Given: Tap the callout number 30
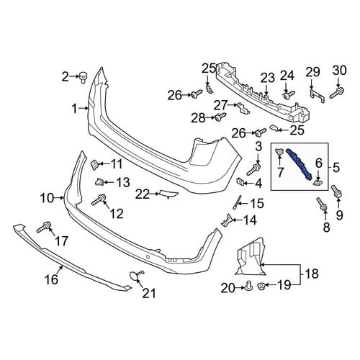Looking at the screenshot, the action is coord(340,71).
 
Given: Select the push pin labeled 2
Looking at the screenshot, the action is coord(83,77).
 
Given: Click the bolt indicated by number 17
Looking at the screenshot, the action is coord(44,227).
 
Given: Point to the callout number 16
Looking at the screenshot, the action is coord(52,279).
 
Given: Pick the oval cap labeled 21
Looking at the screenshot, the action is coord(135,275).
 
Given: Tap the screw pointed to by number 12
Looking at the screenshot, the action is coord(99,200).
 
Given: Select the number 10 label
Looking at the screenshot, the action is coord(47,199).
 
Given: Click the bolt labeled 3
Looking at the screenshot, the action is coord(254,169).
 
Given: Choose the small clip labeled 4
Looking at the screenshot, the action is coord(240,182).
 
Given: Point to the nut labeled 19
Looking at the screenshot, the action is coord(261,287).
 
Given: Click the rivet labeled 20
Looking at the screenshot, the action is coord(248,287).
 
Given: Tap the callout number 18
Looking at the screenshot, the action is coord(312,274).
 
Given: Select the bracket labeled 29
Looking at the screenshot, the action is coord(317,96).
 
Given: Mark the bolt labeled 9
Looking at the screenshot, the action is coord(336,192).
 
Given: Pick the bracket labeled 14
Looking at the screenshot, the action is coord(227,220).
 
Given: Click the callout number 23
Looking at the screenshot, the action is coord(268,78).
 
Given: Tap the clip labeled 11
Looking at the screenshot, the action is coord(94,165).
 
